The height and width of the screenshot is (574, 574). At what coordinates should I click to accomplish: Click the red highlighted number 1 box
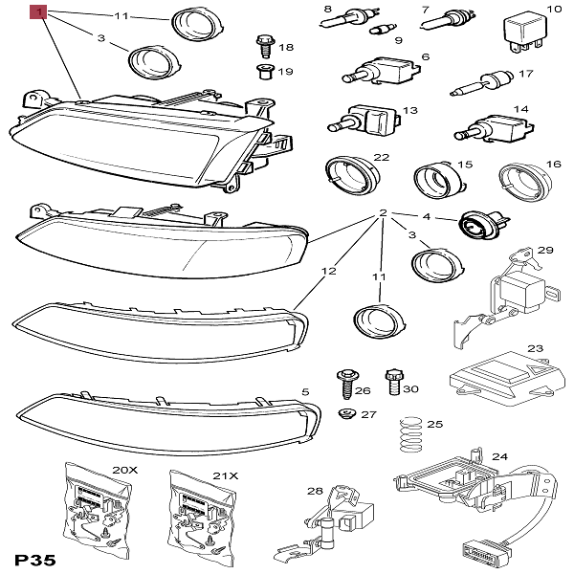tap(38, 13)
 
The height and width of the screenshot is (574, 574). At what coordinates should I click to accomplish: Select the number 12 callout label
tap(328, 272)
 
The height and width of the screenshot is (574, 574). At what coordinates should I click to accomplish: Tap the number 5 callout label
tap(305, 392)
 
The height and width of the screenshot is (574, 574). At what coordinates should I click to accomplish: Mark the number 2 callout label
tap(383, 213)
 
